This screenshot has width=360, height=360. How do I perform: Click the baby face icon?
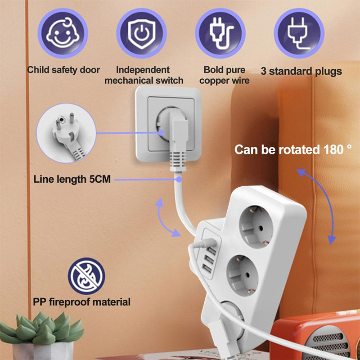coord(63,33)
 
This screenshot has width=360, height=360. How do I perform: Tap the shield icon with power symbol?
coord(142,33)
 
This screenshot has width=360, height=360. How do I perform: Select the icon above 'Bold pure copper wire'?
coord(220,33)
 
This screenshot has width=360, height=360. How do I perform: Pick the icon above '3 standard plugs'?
coord(299,33)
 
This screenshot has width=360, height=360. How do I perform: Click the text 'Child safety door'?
coord(63,70)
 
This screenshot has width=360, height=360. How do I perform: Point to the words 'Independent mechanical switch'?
coord(144,75)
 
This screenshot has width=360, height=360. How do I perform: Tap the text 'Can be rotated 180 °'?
coord(292,149)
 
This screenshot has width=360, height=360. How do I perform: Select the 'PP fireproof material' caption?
coord(81,301)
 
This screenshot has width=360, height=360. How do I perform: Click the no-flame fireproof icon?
coord(86,276)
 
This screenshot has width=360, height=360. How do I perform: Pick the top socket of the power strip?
coord(258,225)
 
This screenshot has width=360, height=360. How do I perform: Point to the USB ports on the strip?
coord(208,264)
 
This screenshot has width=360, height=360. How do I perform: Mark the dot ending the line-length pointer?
coord(179,179)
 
